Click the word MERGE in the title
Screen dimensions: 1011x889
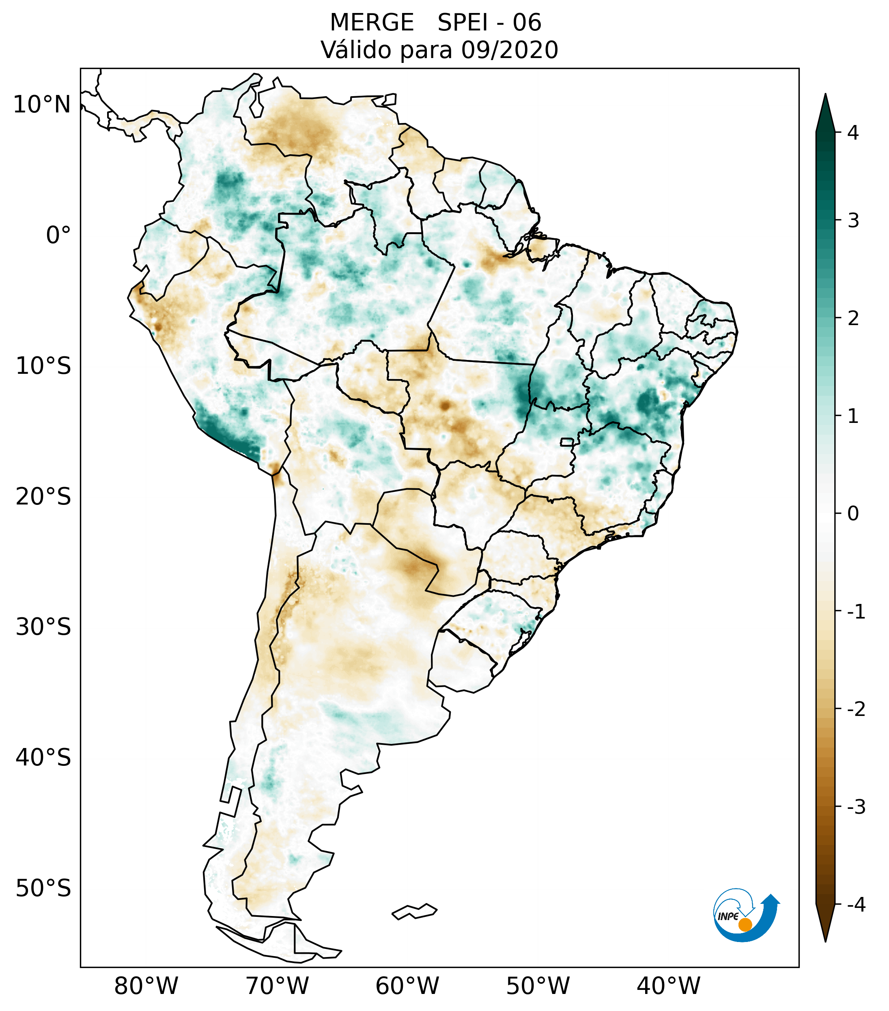coord(371,23)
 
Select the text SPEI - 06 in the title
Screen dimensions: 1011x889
coord(489,23)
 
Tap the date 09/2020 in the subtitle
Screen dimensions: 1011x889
coord(509,50)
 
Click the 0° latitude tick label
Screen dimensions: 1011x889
coord(58,235)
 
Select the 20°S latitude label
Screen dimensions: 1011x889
coord(43,497)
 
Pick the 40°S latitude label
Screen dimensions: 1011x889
coord(43,758)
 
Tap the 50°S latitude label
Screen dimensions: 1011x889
coord(43,888)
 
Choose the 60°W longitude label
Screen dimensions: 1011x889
coord(407,986)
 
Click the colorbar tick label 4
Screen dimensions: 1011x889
coord(853,133)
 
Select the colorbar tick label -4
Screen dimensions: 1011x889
coord(856,905)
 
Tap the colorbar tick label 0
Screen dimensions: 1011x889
coord(853,514)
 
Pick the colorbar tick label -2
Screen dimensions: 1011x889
coord(856,709)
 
